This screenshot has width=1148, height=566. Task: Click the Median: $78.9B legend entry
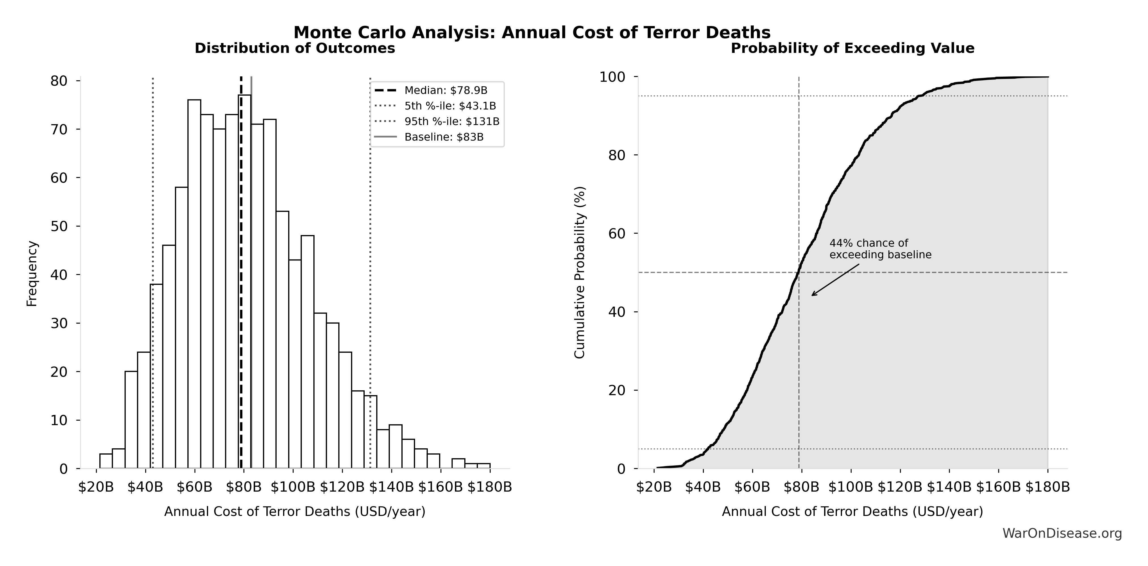[445, 91]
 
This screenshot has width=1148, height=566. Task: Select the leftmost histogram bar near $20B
[106, 461]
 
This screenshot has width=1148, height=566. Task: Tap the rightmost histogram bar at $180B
[484, 466]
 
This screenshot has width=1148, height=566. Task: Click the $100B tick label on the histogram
[293, 487]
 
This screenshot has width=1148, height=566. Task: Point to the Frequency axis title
[32, 274]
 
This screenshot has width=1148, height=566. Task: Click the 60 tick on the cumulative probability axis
[617, 233]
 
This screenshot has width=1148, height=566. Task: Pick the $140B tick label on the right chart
[949, 487]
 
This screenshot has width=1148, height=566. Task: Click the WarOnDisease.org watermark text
[1062, 533]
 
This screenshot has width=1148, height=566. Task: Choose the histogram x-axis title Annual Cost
[295, 512]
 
